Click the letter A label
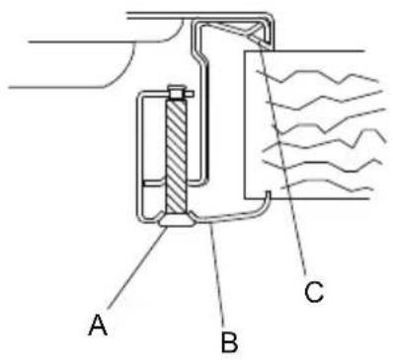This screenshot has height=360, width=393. tap(98, 324)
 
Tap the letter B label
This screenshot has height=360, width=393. tap(229, 342)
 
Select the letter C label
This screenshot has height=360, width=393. tap(314, 292)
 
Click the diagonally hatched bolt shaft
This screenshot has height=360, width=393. tap(177, 156)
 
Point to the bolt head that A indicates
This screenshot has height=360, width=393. tap(176, 220)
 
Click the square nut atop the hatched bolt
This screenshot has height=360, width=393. tap(175, 93)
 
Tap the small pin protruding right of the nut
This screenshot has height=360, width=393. tap(189, 95)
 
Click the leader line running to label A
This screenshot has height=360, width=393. tap(136, 268)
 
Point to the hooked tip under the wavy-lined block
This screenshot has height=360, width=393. tap(268, 196)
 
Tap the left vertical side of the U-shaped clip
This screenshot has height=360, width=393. tap(140, 155)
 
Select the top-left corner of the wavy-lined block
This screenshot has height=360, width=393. tap(244, 51)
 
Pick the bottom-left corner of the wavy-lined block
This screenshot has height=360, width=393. tap(244, 198)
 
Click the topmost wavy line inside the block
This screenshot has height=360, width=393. tap(317, 76)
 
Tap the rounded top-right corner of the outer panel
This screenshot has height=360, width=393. tap(271, 18)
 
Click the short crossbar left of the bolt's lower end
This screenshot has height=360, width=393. tap(154, 181)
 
